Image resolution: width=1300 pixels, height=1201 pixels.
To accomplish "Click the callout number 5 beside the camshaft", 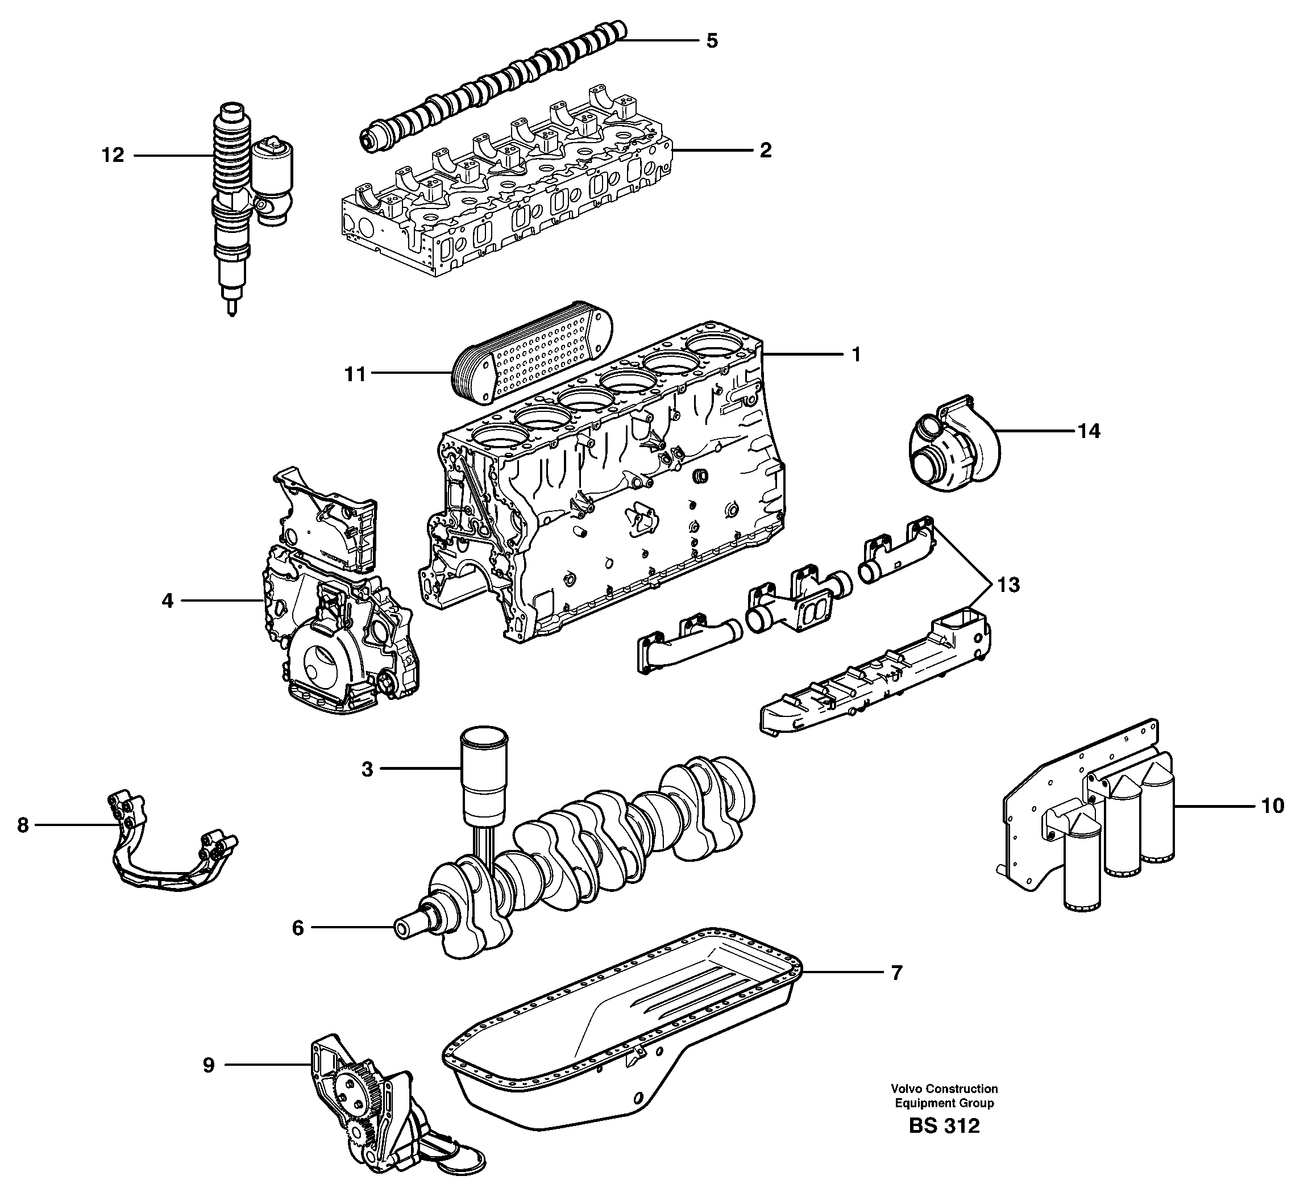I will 712,41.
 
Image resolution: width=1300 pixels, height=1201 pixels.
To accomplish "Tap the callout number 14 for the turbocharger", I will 1089,431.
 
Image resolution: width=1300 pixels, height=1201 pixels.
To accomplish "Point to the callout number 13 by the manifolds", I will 1008,585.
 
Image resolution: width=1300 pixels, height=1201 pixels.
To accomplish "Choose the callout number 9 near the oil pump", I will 208,1065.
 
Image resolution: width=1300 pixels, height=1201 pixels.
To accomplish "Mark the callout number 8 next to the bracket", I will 23,825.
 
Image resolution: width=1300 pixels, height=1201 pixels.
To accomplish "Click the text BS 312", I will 944,1125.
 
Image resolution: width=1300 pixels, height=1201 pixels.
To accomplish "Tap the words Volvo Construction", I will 944,1089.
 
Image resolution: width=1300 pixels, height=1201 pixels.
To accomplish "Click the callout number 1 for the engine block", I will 856,355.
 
